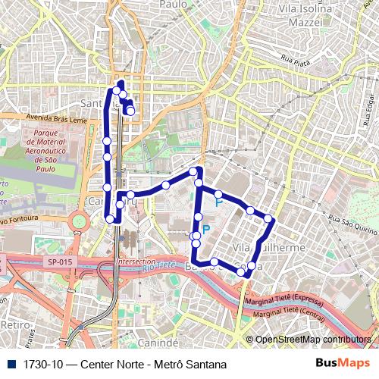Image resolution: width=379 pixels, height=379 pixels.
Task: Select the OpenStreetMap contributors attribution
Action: pos(312,340)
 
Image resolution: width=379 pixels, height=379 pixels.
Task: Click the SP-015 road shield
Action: pos(60,262)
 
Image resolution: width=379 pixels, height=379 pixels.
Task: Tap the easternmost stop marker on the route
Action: pos(268,220)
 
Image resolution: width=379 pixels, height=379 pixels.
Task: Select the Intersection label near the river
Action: pos(135,262)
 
